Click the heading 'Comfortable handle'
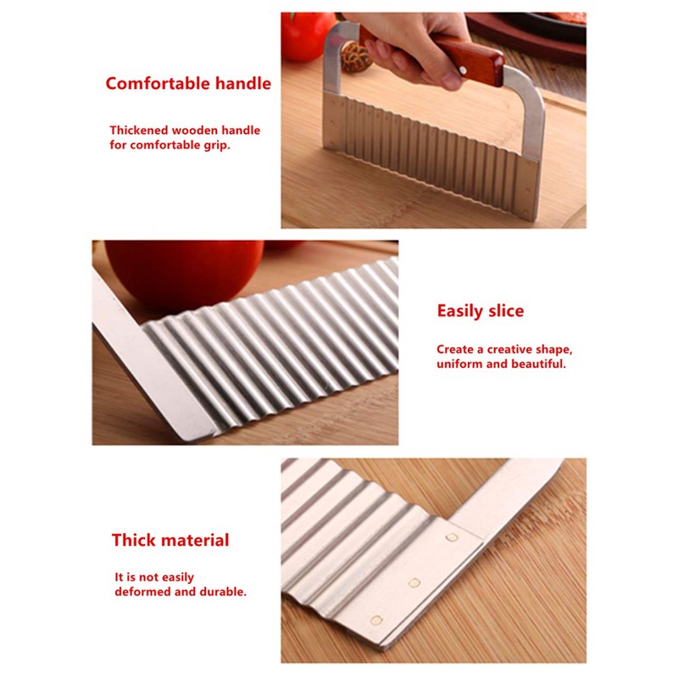188,83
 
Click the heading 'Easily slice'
481,311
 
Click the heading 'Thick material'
170,540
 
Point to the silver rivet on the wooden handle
463,69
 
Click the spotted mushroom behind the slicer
355,57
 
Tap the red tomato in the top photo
305,36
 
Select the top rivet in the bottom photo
452,537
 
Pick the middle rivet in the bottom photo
414,583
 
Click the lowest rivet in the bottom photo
376,621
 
